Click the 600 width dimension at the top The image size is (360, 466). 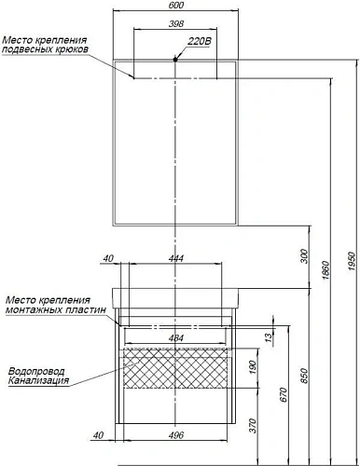point(175,7)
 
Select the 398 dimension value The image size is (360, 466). point(175,23)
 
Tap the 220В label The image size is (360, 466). point(200,42)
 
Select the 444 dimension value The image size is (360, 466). point(175,260)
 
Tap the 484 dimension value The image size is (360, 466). point(175,336)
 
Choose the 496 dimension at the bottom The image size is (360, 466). point(175,435)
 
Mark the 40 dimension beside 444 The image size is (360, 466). point(108,260)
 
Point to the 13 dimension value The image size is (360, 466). point(268,337)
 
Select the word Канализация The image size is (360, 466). point(37,380)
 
